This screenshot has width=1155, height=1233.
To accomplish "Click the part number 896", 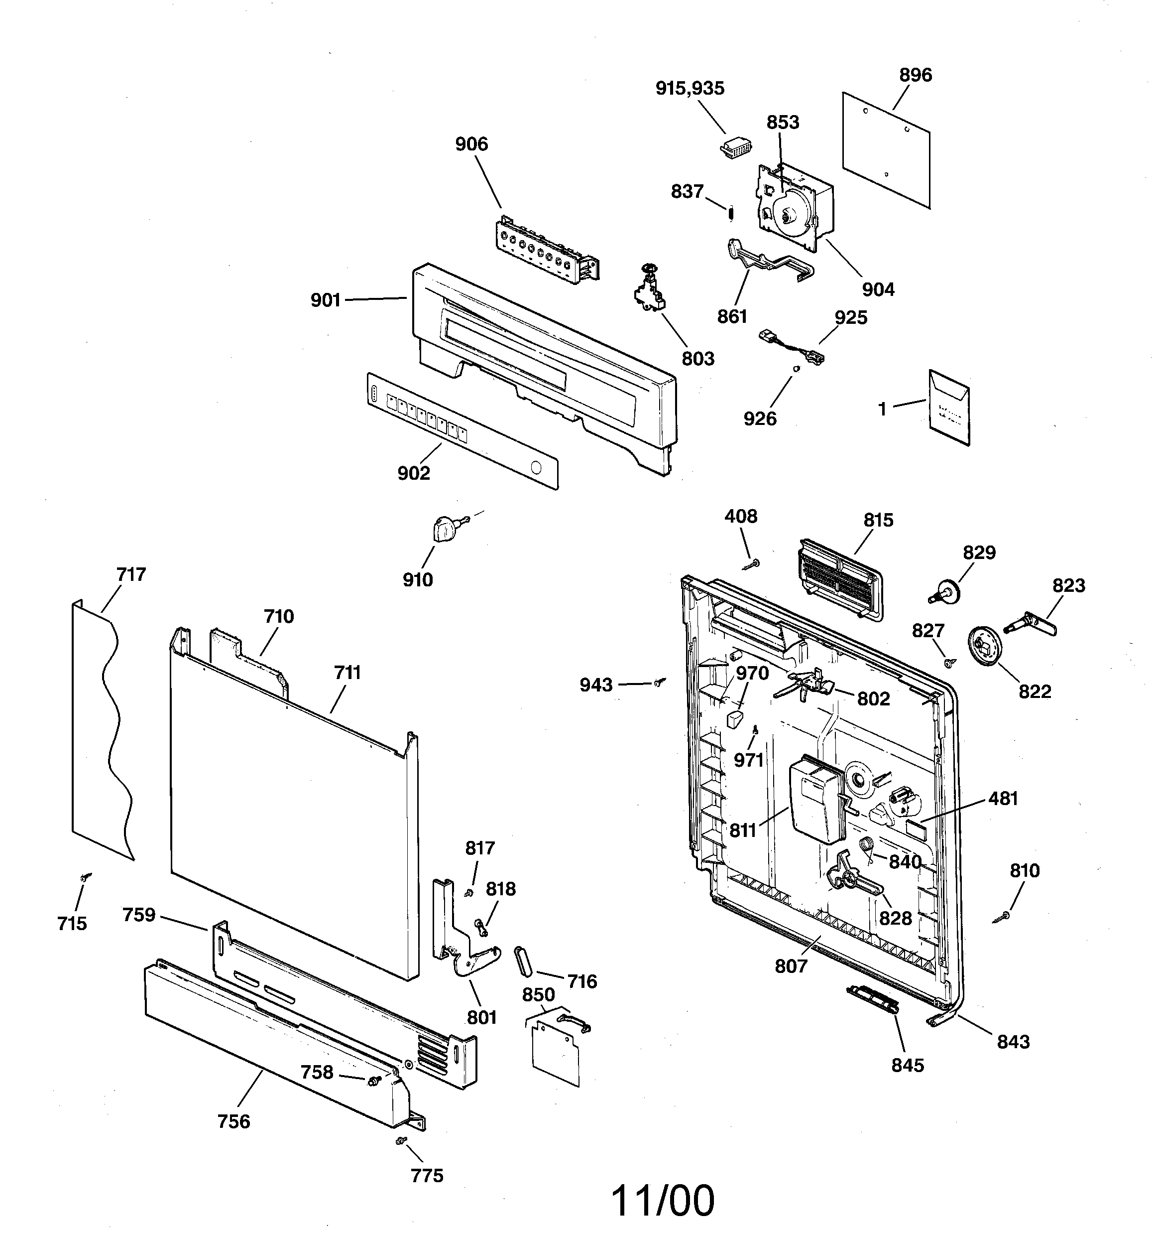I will [915, 75].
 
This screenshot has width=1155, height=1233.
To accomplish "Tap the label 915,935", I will [690, 89].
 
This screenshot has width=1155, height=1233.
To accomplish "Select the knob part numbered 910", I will [445, 530].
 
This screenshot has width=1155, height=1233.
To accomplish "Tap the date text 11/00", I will [662, 1200].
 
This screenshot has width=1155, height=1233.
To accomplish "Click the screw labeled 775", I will [400, 1140].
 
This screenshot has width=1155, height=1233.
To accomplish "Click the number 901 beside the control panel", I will [326, 301].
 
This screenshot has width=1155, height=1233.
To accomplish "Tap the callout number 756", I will [233, 1121].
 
